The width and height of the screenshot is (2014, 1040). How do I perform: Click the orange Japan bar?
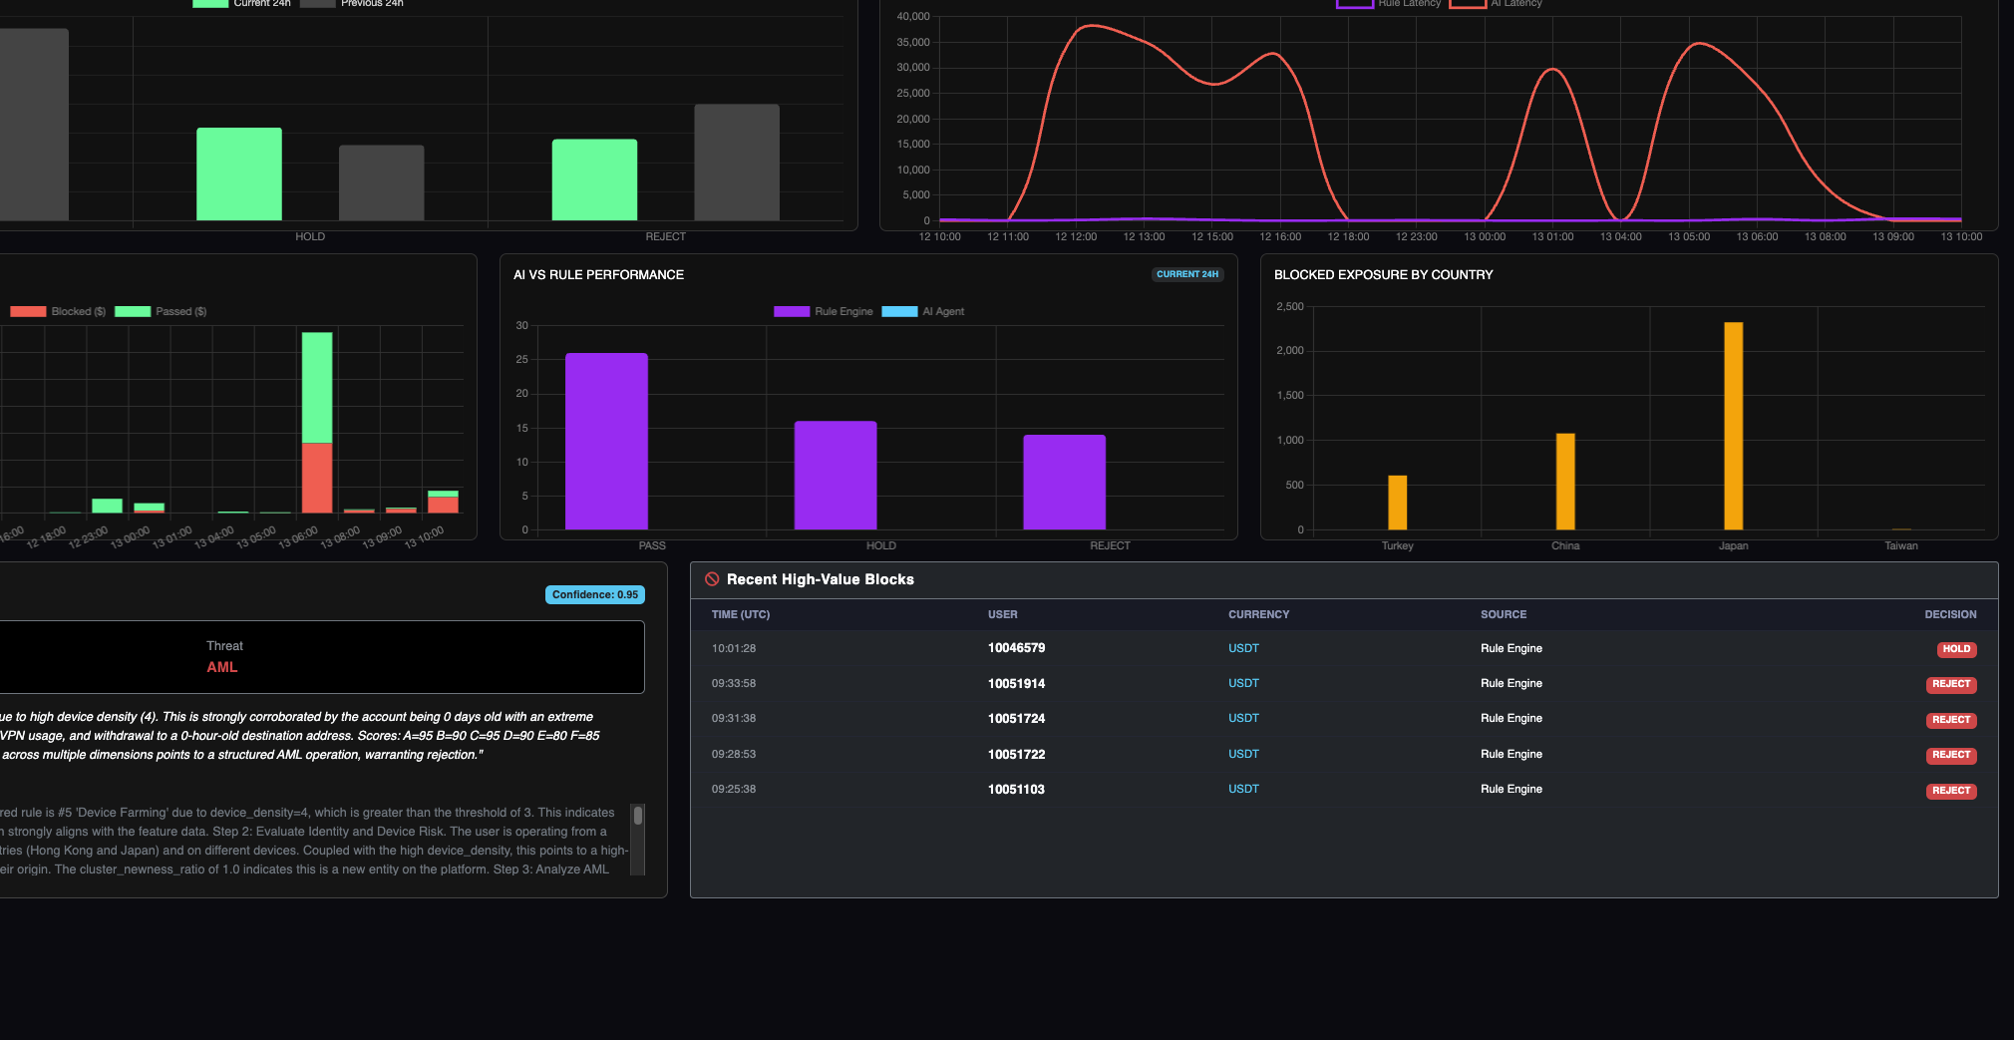pos(1733,426)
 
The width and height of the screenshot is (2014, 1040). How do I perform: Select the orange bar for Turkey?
pos(1397,503)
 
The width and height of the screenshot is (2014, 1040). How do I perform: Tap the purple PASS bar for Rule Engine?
pos(606,441)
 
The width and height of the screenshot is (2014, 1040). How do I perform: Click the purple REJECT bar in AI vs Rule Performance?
pos(1064,482)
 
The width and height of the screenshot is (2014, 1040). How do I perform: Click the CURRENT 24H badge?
pos(1186,274)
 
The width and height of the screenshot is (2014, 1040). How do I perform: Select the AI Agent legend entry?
pos(923,312)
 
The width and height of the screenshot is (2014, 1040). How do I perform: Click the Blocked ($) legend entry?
pos(59,312)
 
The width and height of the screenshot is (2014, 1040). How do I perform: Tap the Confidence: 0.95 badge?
pos(594,595)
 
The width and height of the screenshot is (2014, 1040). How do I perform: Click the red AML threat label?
pos(221,667)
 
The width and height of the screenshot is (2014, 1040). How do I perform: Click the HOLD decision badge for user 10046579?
pos(1955,649)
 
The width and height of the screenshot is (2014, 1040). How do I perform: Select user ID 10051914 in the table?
pos(1016,684)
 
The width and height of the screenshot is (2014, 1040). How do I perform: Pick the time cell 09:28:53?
pos(734,755)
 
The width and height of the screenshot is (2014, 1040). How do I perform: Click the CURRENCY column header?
pos(1258,615)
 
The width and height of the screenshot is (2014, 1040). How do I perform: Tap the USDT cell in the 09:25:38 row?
pos(1243,790)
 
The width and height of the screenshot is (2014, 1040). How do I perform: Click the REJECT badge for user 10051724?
pos(1950,720)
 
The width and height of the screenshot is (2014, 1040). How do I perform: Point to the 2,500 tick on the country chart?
pos(1289,307)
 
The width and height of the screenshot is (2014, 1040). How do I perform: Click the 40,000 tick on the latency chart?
pos(912,17)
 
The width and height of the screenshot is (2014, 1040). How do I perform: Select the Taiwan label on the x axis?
pos(1900,546)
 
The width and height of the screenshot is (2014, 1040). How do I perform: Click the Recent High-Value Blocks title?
pos(820,580)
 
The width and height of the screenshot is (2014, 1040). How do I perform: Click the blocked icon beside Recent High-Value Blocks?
pos(712,579)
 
